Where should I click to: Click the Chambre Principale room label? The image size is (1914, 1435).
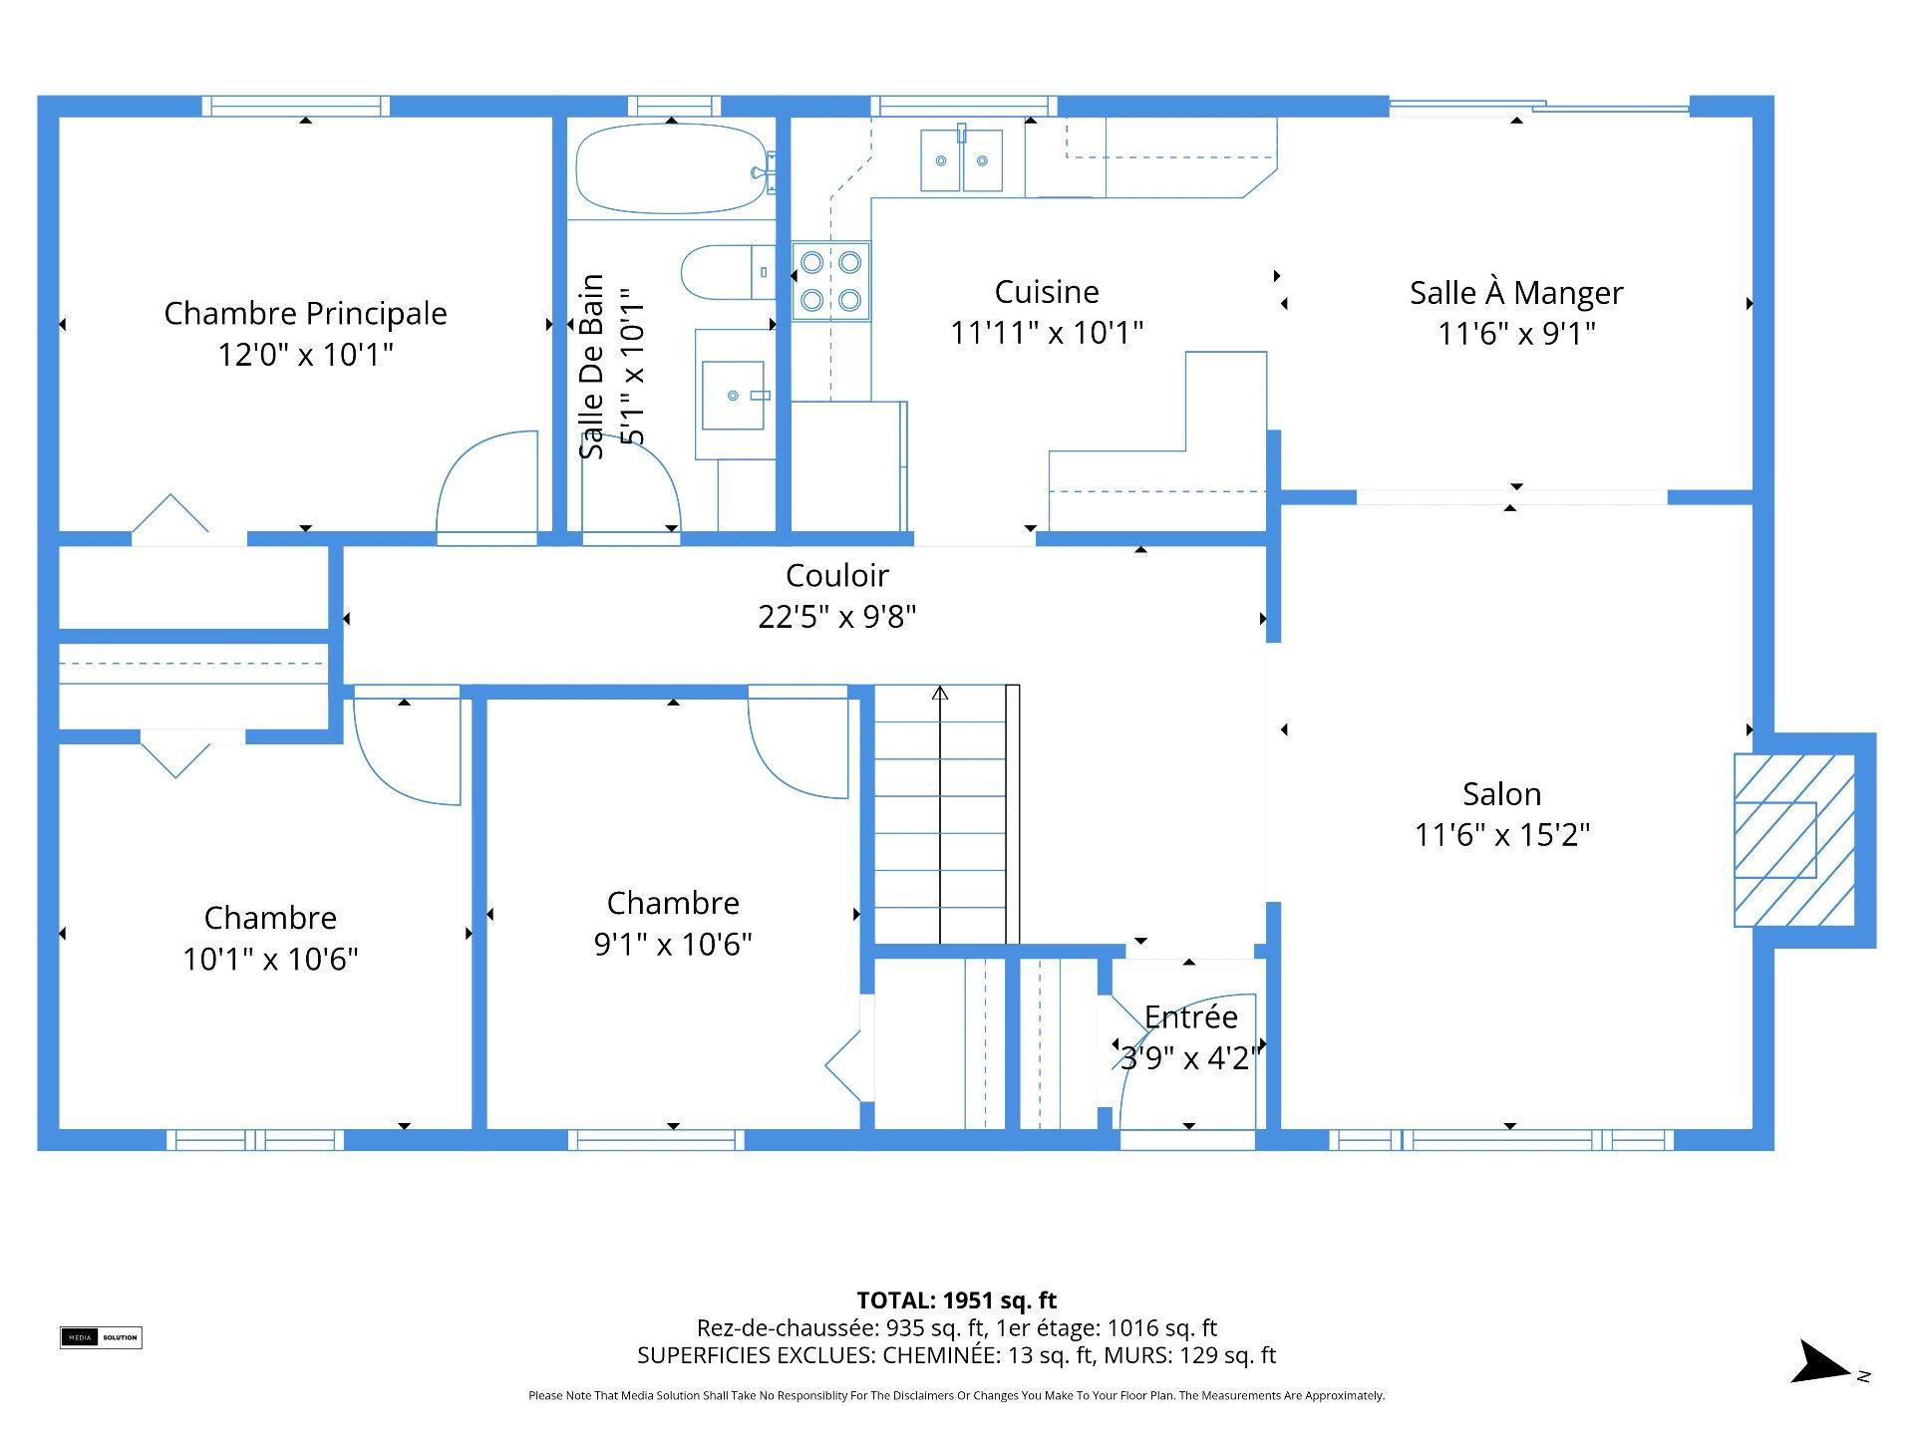tap(305, 313)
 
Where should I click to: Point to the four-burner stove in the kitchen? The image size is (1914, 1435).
tap(831, 281)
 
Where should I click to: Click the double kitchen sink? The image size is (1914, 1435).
tap(961, 159)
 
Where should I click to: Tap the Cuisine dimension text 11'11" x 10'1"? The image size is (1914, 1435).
tap(1047, 332)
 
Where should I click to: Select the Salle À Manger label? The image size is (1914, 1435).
tap(1516, 292)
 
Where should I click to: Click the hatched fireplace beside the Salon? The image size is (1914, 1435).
tap(1794, 840)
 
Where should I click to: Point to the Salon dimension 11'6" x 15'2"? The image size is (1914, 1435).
tap(1502, 834)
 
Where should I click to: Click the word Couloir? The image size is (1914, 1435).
tap(837, 575)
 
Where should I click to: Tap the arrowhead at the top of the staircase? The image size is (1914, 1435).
tap(940, 692)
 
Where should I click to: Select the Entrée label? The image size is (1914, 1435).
tap(1191, 1016)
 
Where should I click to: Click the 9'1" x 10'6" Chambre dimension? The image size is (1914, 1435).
tap(673, 944)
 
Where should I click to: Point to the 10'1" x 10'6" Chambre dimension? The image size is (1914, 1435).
tap(270, 959)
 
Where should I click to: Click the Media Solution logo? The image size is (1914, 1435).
tap(101, 1337)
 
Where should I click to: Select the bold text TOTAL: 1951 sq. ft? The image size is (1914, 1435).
tap(957, 1300)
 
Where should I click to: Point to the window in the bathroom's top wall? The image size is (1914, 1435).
tap(674, 106)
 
